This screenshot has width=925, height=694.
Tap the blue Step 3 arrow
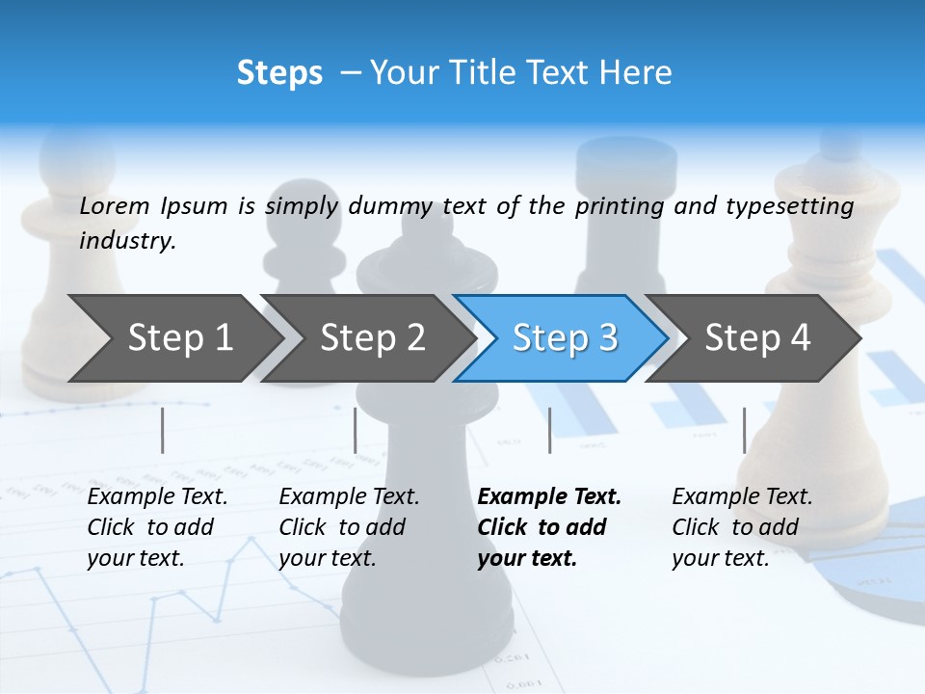[x=565, y=337]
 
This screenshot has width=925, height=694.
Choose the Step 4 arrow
[x=757, y=337]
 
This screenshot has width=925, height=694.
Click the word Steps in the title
[x=279, y=73]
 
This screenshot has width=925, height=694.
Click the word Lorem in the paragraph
[x=115, y=205]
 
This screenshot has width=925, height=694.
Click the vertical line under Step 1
[x=163, y=430]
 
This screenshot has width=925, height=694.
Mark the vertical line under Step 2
[x=356, y=430]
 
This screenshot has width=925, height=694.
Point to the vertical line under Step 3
[x=549, y=430]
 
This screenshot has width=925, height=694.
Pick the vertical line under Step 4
[x=744, y=430]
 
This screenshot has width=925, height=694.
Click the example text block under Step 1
[x=157, y=527]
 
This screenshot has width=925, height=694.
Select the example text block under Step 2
[x=349, y=527]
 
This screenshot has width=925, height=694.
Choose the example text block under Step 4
[x=742, y=527]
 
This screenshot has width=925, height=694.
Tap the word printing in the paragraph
[x=620, y=205]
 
